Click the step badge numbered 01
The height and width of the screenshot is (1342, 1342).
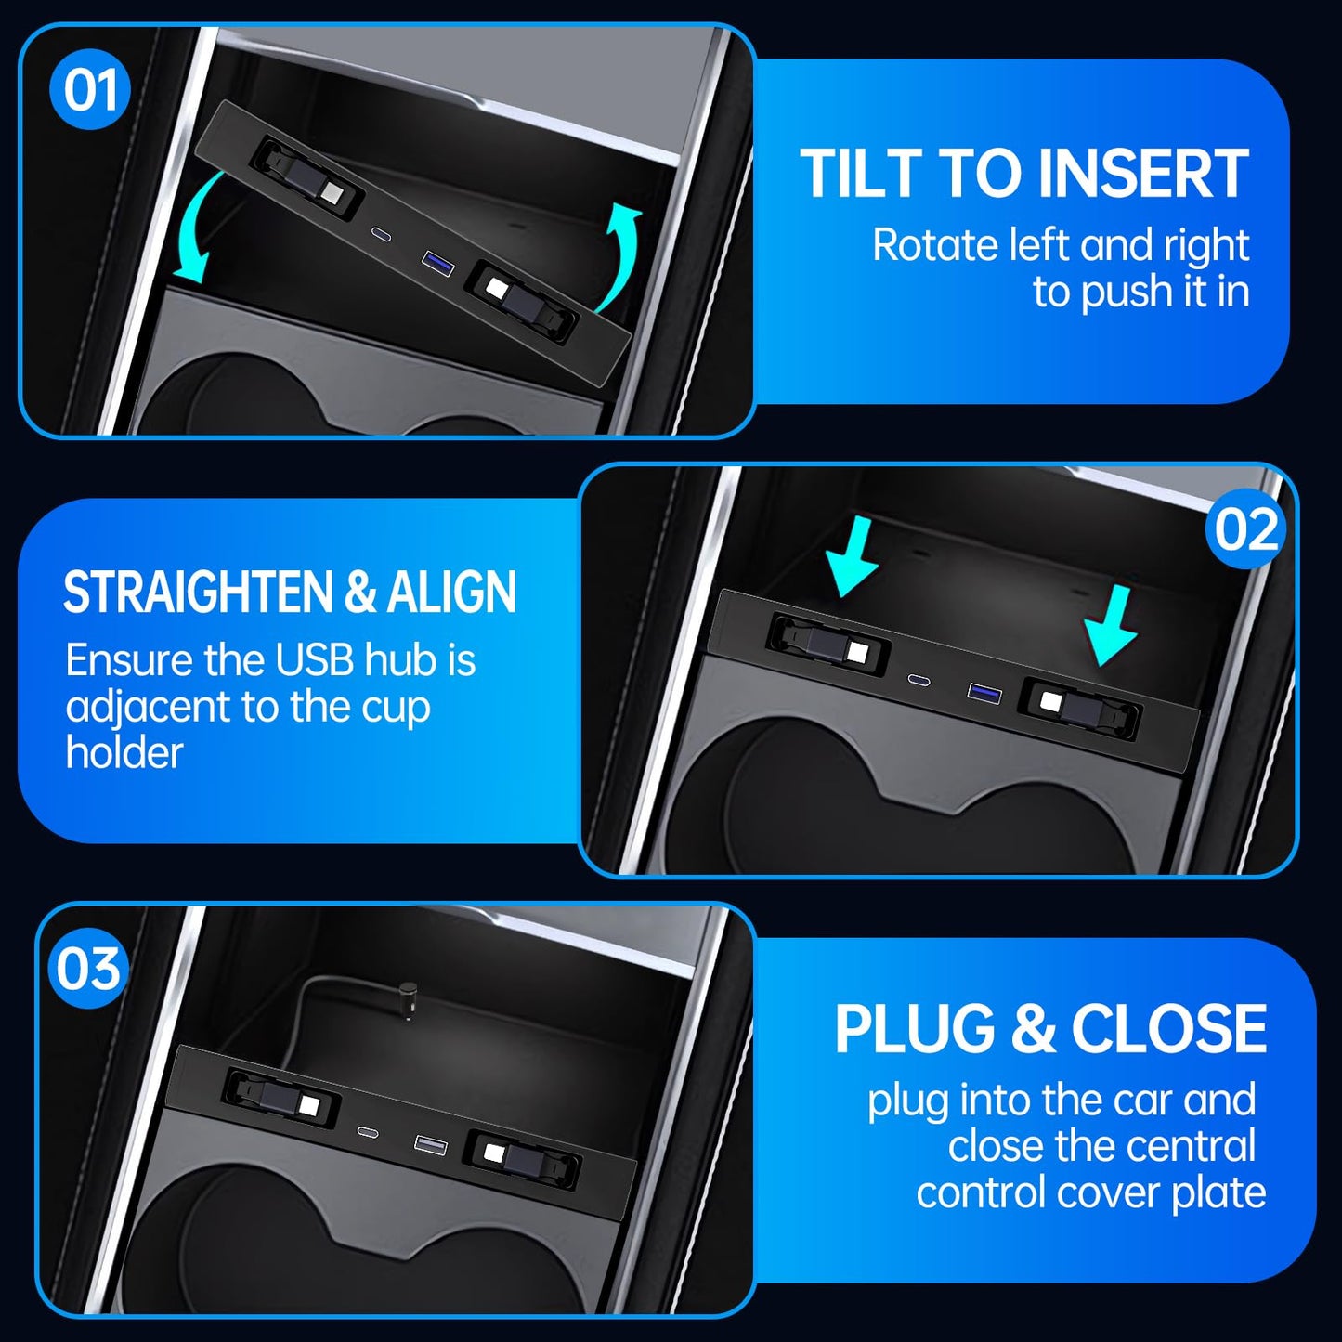tap(90, 90)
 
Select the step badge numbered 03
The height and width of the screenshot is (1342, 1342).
tap(87, 970)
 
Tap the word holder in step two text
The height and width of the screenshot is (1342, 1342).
tap(124, 752)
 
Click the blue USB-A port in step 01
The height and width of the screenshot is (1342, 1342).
tap(436, 263)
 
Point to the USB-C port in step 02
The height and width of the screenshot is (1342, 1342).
tap(920, 679)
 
